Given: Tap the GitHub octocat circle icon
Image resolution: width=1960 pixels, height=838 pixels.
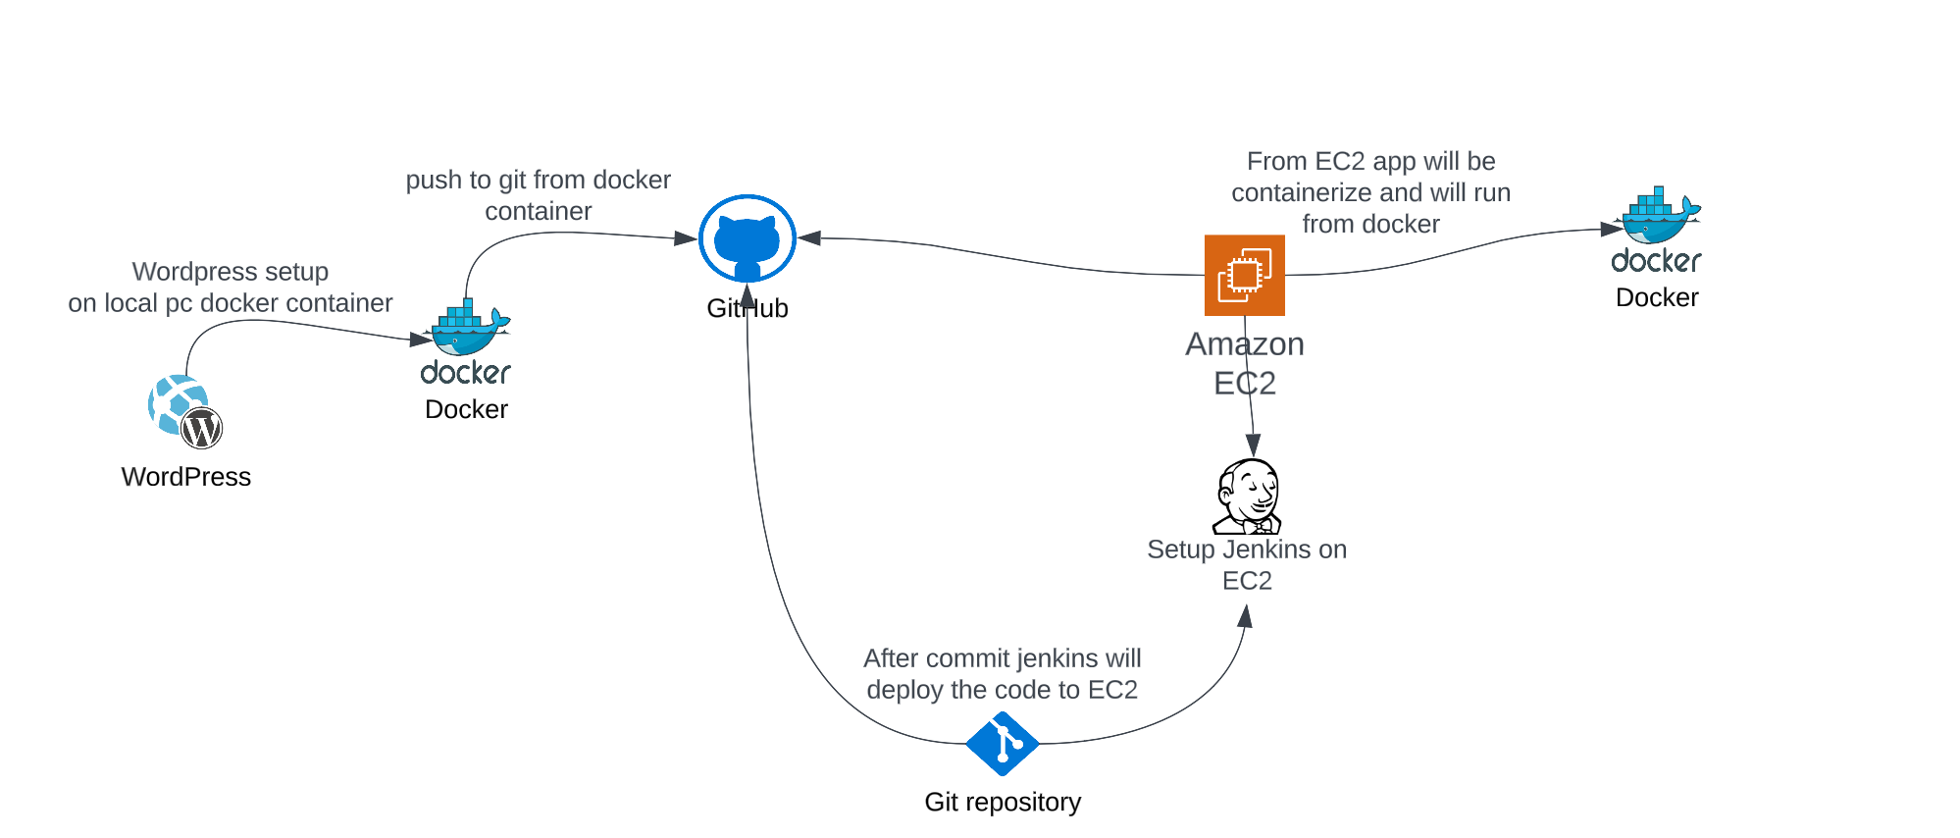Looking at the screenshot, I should coord(747,238).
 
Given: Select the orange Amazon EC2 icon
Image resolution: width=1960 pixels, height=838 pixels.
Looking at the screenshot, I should coord(1244,275).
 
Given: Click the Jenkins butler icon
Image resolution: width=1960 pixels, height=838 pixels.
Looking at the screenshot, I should coord(1248,497).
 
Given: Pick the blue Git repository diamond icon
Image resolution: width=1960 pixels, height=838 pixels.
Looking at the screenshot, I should coord(1002,744).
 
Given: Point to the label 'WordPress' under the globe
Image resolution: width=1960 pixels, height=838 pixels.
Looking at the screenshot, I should coord(186,477).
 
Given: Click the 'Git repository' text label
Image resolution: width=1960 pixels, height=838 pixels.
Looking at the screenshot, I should coord(1002,802).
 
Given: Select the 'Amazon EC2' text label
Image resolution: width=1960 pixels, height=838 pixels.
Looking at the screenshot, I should coord(1244,363).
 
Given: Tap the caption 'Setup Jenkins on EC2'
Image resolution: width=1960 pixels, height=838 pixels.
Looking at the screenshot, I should coord(1246,564).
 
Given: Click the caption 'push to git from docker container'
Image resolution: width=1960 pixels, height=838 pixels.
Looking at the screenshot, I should coord(538,195).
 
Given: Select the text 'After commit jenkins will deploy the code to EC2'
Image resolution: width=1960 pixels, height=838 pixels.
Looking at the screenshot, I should coord(1002,674).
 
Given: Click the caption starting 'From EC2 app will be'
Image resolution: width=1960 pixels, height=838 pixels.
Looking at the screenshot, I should coord(1370,192).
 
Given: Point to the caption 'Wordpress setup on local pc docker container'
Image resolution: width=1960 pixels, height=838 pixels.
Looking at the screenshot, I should coord(230,288).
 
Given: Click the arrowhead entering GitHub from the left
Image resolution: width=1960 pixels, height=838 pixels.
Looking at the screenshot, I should coord(686,238).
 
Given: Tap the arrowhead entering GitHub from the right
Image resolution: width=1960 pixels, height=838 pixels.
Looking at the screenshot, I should coord(809,237).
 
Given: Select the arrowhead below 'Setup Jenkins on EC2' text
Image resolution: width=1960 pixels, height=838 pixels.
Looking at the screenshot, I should coord(1245,616).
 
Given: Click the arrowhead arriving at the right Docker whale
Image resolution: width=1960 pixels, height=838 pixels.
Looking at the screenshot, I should coord(1612,229).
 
